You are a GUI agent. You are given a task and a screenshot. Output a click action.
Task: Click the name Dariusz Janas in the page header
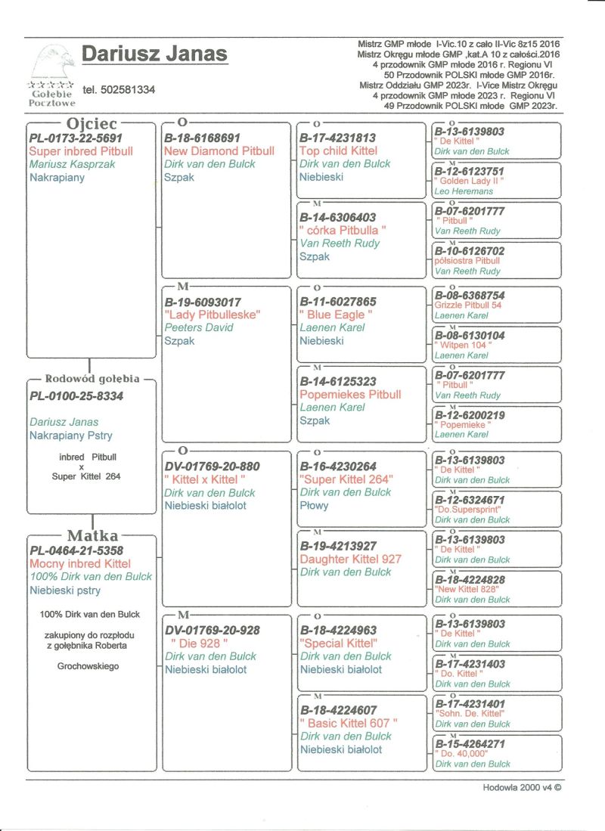[154, 54]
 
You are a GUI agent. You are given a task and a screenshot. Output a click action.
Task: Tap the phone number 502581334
[119, 89]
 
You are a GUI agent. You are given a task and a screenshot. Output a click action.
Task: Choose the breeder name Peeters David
[199, 327]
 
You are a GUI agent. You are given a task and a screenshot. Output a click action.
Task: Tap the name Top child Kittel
[338, 151]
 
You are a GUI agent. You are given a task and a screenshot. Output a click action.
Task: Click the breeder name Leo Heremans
[462, 191]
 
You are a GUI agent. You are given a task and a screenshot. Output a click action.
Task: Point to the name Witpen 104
[462, 345]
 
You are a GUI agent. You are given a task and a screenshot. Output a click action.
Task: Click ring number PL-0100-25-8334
[76, 395]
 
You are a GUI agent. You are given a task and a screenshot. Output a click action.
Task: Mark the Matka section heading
[93, 536]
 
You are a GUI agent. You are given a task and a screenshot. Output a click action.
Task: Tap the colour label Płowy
[315, 505]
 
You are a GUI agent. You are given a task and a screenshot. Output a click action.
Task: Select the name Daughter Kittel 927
[350, 560]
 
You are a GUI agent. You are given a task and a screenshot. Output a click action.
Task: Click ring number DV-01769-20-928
[213, 630]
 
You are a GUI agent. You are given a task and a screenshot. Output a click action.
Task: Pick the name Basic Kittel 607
[349, 723]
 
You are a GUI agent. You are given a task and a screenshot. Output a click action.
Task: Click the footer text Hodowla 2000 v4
[523, 787]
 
